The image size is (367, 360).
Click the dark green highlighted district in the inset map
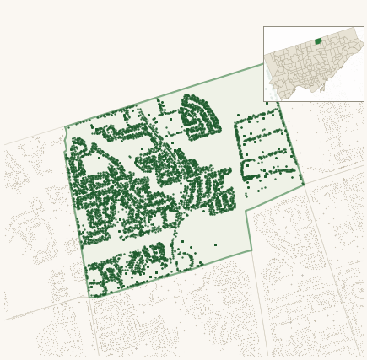[318, 40]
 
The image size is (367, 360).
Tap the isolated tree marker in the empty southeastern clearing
[215, 244]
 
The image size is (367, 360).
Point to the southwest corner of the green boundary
[90, 298]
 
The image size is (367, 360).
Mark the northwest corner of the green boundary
[66, 128]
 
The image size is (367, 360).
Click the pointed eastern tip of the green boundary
[304, 185]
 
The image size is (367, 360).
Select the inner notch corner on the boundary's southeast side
[246, 212]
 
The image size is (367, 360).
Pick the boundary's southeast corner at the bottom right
[251, 250]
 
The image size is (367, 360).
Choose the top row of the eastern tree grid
[259, 118]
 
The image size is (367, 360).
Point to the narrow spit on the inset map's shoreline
[321, 87]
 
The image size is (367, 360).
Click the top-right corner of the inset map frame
[364, 26]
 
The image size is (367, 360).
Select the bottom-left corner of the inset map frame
[263, 101]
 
